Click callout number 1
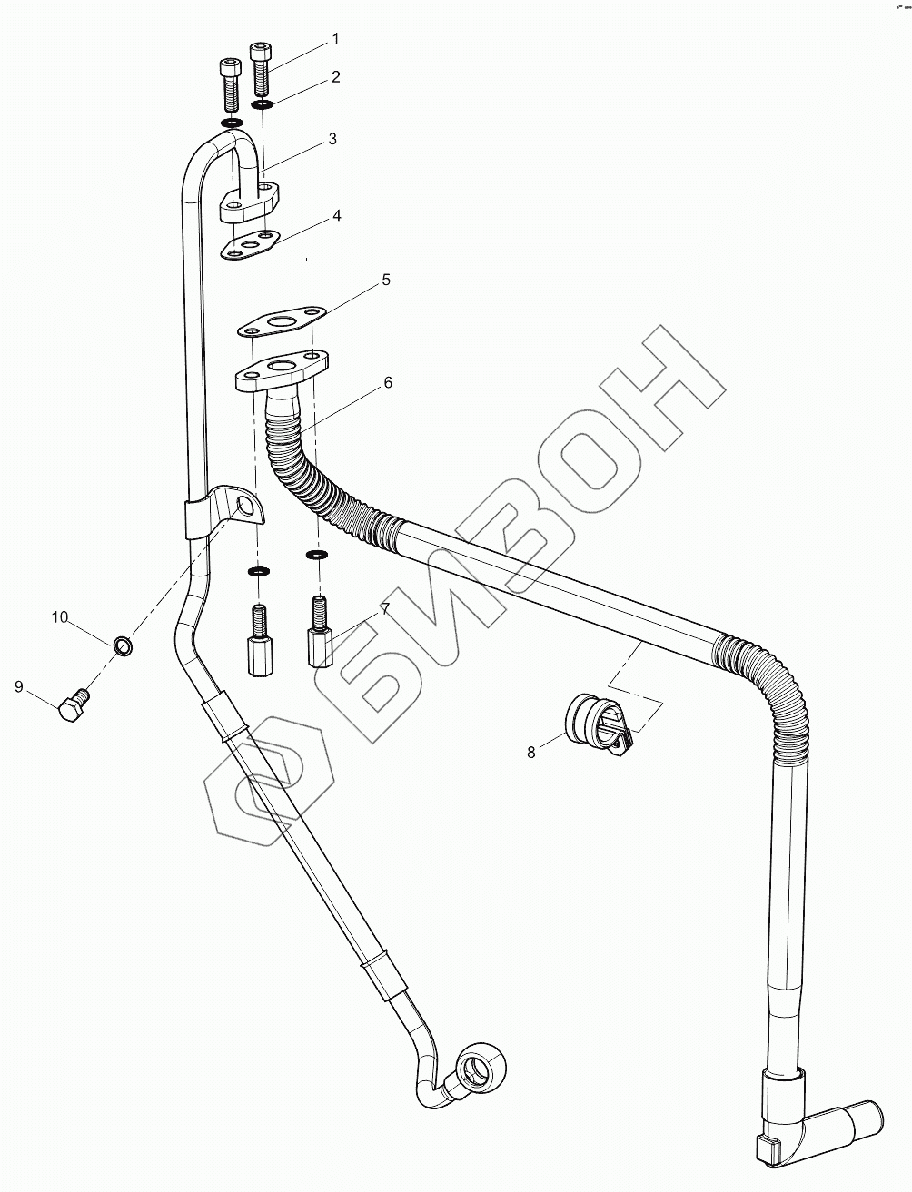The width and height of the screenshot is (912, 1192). (334, 39)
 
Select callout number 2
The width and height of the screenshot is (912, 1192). (335, 77)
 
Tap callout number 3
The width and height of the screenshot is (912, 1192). (332, 139)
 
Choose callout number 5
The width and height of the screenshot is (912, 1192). (385, 281)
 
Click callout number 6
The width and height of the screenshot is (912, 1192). (388, 383)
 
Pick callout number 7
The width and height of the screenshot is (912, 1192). (385, 608)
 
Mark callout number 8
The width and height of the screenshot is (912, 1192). (532, 751)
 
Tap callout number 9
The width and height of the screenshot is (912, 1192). (18, 687)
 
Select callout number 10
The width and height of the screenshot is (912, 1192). (60, 617)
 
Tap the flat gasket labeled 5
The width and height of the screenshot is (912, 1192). (282, 321)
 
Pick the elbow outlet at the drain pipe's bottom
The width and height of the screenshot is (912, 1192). (821, 1126)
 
